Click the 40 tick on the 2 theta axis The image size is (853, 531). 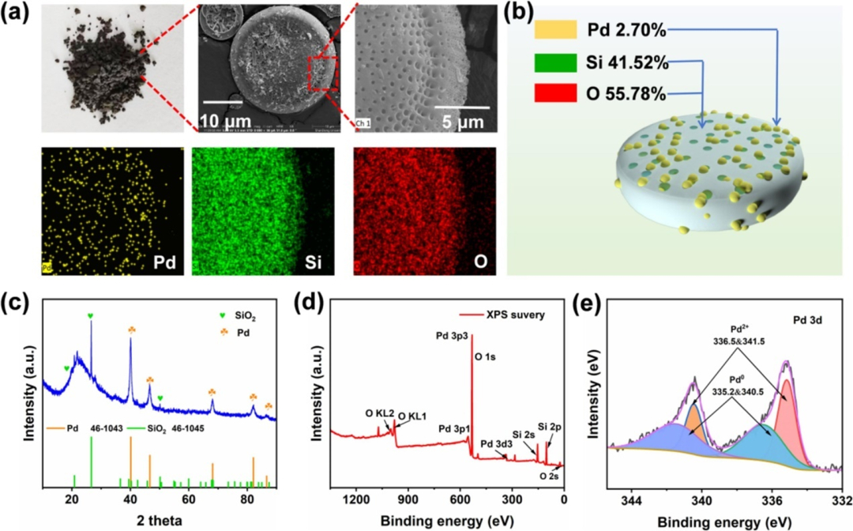130,499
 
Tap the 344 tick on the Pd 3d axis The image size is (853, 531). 632,499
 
